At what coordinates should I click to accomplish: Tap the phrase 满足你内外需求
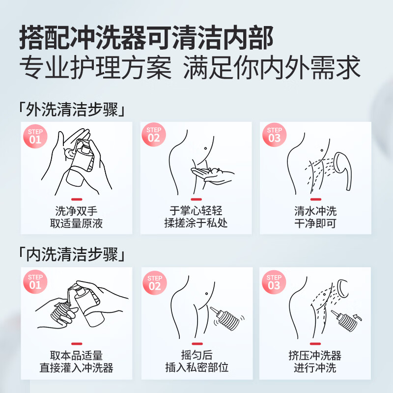(x=272, y=68)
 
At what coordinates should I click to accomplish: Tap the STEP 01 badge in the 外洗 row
(x=35, y=135)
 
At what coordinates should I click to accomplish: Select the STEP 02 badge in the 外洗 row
(x=154, y=135)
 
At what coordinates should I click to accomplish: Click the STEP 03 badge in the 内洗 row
(x=274, y=281)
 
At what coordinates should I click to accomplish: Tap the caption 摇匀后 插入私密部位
(x=196, y=361)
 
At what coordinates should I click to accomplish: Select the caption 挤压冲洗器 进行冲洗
(x=315, y=361)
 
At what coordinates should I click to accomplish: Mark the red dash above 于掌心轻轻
(x=196, y=199)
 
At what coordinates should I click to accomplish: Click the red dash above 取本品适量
(x=77, y=344)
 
